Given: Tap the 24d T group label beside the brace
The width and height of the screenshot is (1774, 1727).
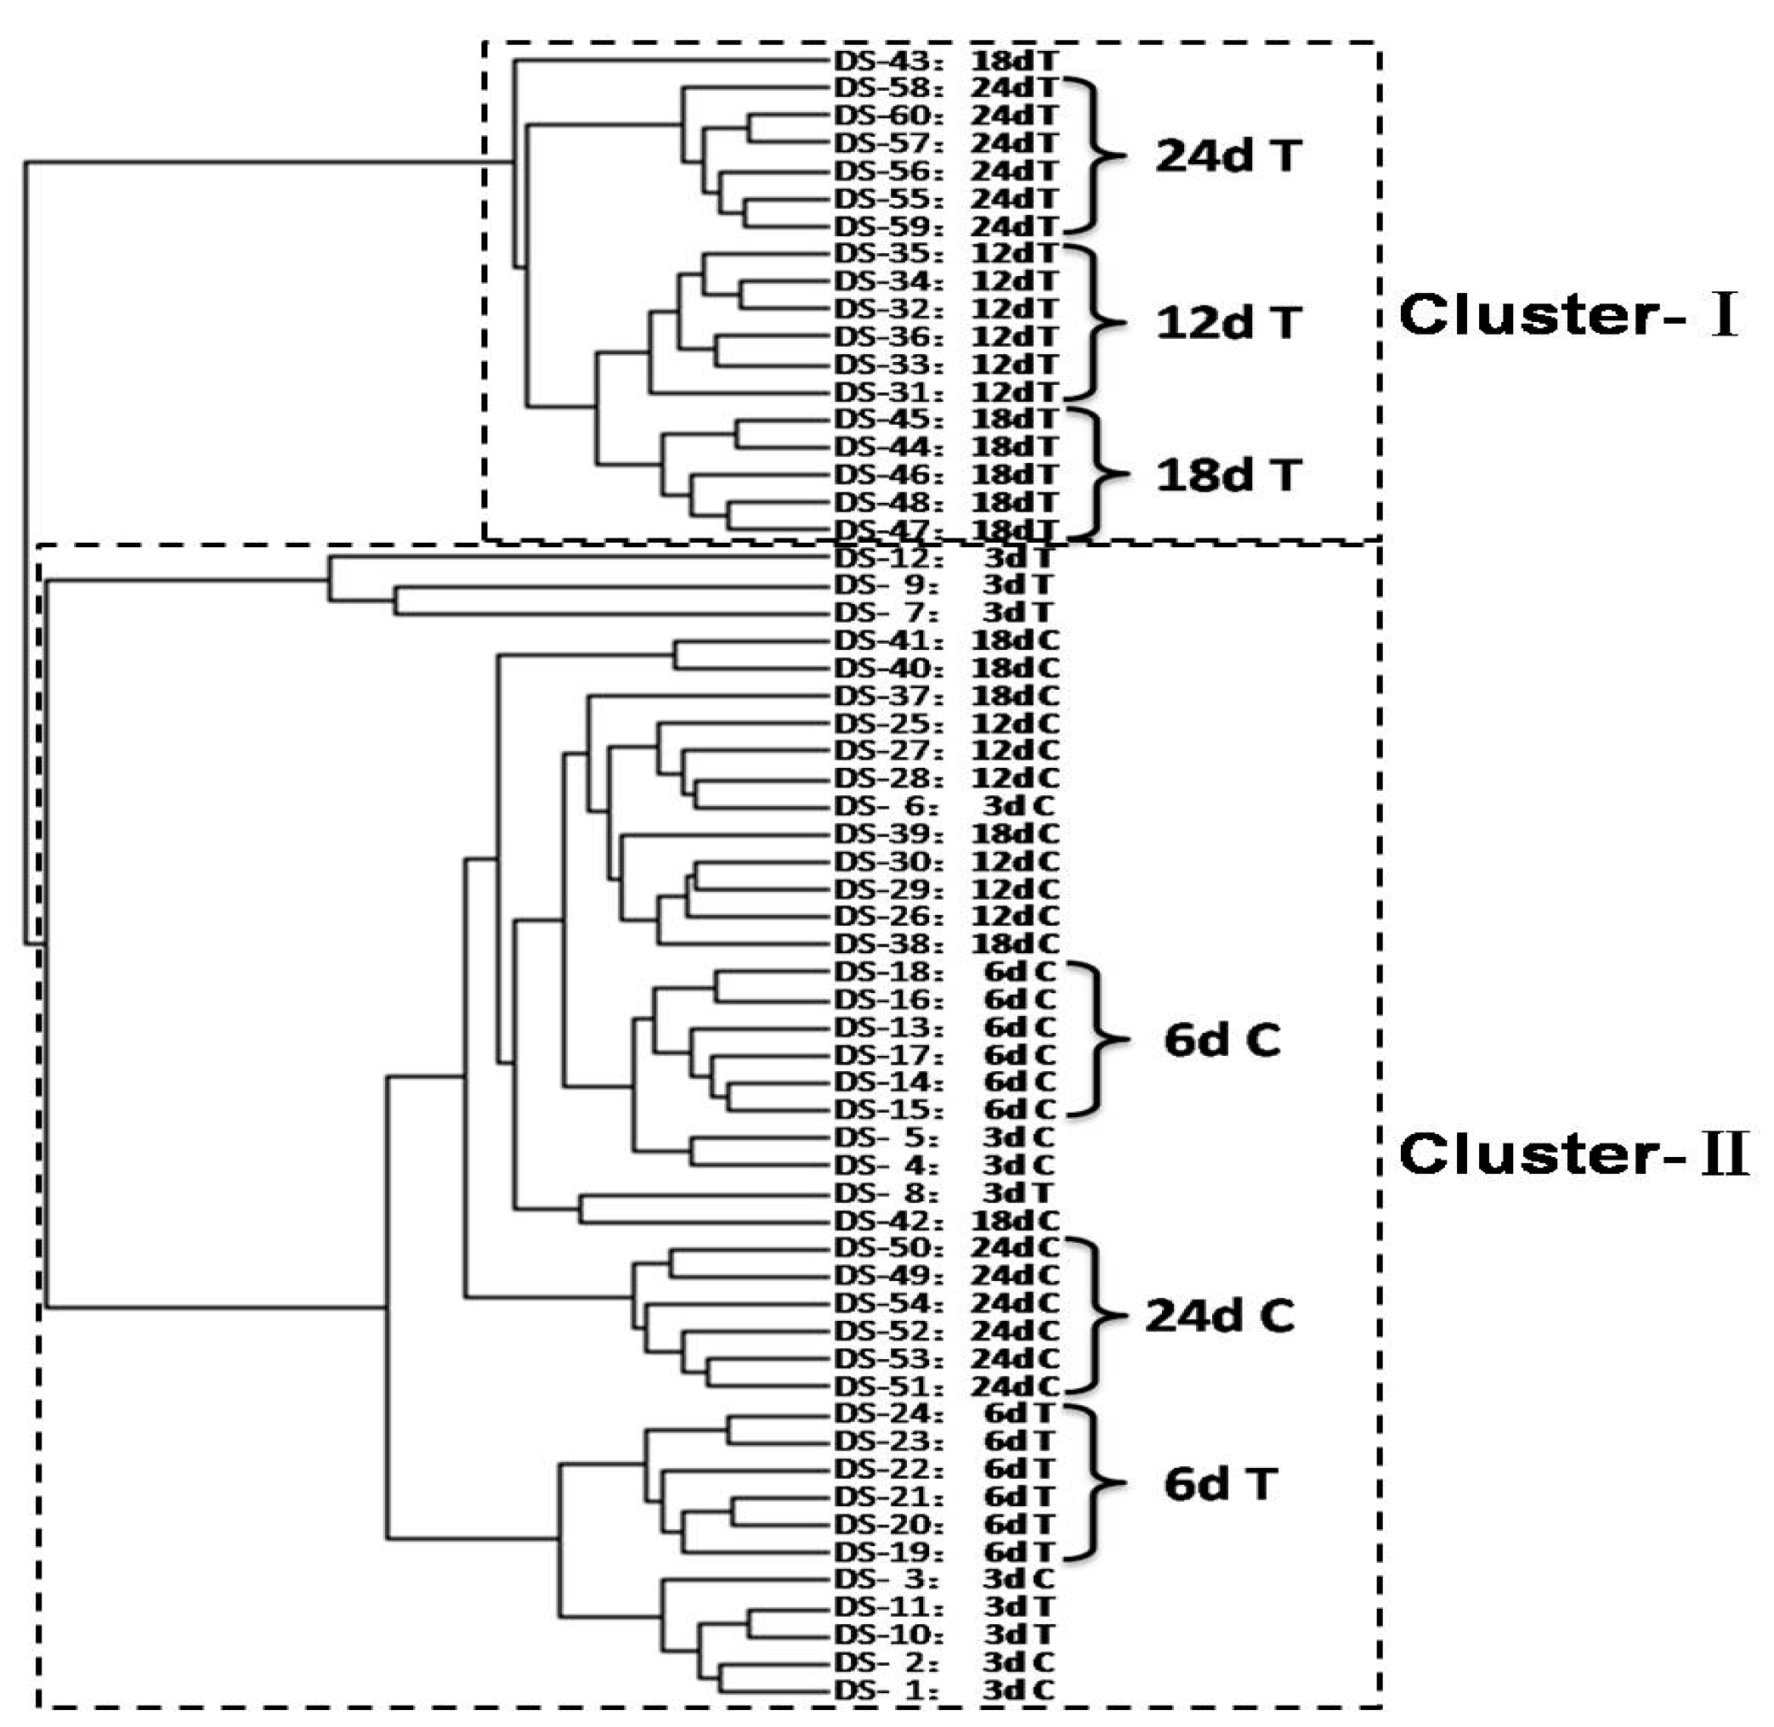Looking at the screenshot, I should pyautogui.click(x=1227, y=157).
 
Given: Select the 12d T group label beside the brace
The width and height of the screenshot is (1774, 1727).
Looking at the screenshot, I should pyautogui.click(x=1227, y=323).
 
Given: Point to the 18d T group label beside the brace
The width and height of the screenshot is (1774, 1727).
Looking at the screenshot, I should pyautogui.click(x=1227, y=476).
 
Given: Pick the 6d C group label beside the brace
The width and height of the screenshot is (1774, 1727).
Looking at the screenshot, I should pyautogui.click(x=1221, y=1041).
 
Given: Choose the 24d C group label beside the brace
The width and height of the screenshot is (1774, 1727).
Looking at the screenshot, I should pyautogui.click(x=1220, y=1316).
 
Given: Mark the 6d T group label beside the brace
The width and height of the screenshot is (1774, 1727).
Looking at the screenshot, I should pyautogui.click(x=1221, y=1485).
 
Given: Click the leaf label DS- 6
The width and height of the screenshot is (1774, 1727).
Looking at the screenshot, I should pyautogui.click(x=885, y=805).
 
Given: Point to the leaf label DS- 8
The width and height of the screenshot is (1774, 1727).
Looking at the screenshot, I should pyautogui.click(x=885, y=1193).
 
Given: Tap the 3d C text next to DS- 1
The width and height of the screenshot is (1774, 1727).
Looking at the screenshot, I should pyautogui.click(x=1018, y=1690).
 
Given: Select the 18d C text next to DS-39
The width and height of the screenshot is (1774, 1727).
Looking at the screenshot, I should pyautogui.click(x=1014, y=833).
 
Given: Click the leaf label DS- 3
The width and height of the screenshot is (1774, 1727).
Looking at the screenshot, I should pyautogui.click(x=885, y=1579).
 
